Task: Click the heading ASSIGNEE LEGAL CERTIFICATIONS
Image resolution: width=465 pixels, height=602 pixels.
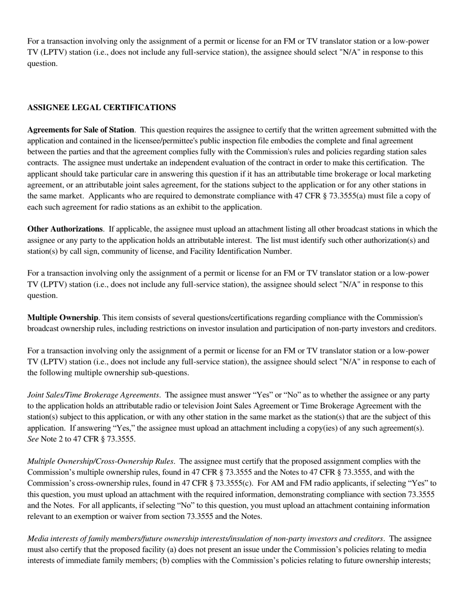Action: click(x=101, y=108)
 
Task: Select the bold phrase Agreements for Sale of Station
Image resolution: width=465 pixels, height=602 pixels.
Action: click(x=80, y=130)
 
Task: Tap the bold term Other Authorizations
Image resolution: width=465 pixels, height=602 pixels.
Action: click(x=65, y=229)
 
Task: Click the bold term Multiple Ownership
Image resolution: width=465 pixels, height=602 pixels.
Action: click(x=62, y=318)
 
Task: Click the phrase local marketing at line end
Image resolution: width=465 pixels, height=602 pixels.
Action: click(x=409, y=174)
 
